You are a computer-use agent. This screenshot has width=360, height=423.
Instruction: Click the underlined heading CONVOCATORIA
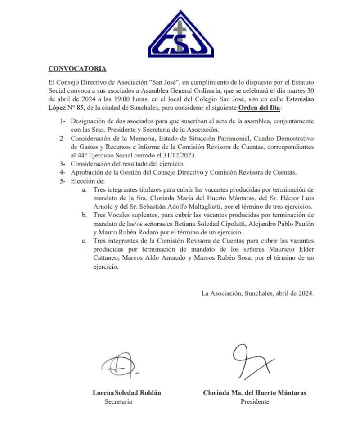pos(77,69)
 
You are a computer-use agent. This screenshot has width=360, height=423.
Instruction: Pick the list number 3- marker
pos(63,164)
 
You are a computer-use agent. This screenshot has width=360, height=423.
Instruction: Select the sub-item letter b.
pos(84,216)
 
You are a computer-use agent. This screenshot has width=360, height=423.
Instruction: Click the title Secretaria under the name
pos(118,401)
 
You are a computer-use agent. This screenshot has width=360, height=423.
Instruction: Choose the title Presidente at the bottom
pos(255,401)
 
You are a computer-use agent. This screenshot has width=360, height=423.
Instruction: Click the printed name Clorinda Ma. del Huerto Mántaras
pos(255,392)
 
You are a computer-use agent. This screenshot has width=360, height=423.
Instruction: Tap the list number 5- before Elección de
pos(63,181)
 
